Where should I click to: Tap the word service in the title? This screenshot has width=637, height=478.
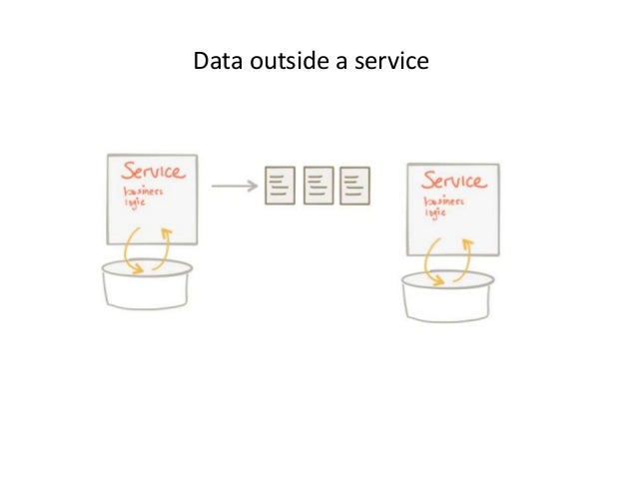coord(392,62)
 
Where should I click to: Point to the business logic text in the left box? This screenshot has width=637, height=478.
coord(139,196)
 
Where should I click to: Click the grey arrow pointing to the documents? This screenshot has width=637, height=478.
coord(233,185)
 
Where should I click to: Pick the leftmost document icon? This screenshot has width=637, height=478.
coord(280,186)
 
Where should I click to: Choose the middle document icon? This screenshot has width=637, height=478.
coord(318,186)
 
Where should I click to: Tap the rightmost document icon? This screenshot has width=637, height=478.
coord(354,186)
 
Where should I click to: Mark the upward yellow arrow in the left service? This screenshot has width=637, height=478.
coord(164,246)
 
